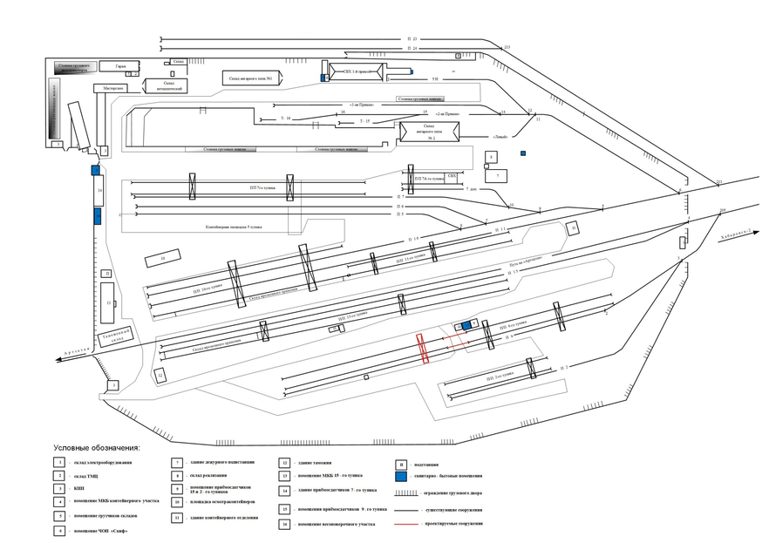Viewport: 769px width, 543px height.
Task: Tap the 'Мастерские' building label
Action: click(112, 88)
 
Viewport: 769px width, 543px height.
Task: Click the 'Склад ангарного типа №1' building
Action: click(251, 79)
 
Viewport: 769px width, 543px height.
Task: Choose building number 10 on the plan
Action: click(162, 259)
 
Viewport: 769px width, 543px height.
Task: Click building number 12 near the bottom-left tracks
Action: click(160, 375)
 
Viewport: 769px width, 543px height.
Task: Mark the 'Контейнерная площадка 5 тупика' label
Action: click(233, 227)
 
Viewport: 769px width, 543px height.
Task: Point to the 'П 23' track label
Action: click(412, 39)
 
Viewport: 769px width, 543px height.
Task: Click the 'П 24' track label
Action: click(412, 49)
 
